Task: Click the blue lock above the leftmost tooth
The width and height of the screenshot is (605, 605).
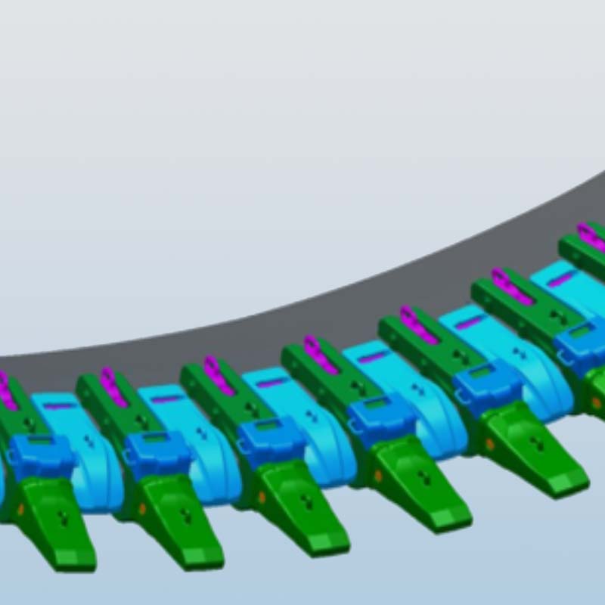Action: pyautogui.click(x=42, y=454)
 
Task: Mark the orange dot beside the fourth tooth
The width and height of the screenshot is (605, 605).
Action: pyautogui.click(x=377, y=476)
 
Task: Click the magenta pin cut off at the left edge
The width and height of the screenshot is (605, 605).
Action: pyautogui.click(x=6, y=389)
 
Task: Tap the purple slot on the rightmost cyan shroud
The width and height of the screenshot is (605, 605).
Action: pyautogui.click(x=560, y=280)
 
